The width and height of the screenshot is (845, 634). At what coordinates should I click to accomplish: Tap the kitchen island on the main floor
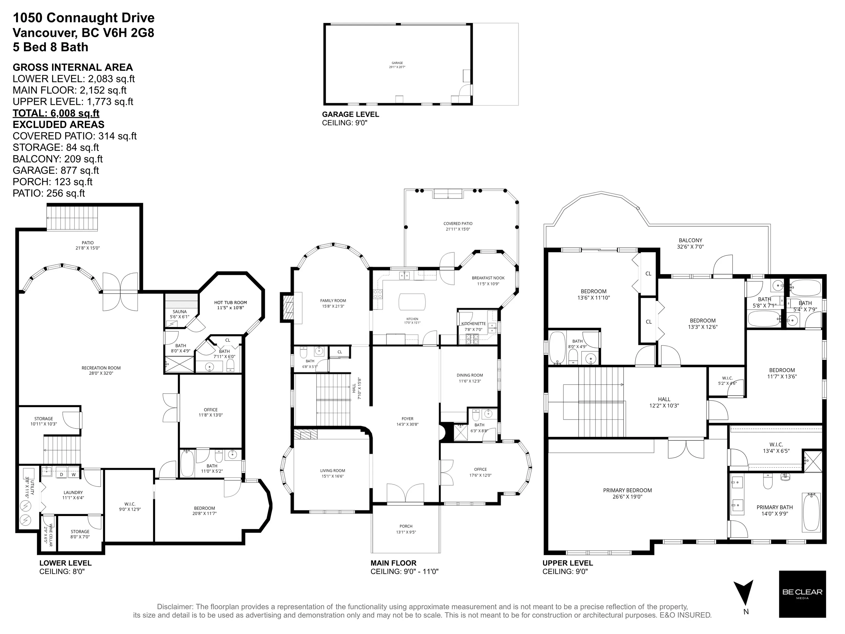click(x=412, y=302)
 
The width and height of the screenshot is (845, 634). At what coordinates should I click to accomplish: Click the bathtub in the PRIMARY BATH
click(x=811, y=512)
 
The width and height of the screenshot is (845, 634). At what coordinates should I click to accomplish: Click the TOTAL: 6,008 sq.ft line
click(x=56, y=113)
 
